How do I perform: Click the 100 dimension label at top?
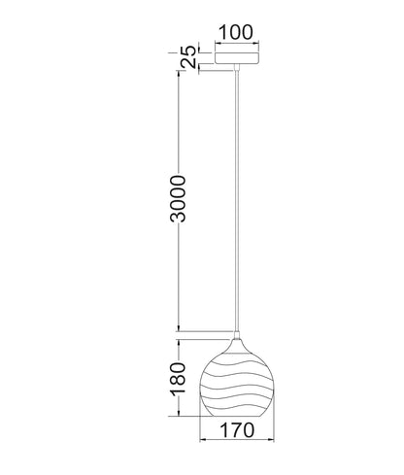coord(236,32)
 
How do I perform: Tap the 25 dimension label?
coord(188,57)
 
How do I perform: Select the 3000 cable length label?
coord(178,198)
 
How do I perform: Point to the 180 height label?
coord(178,379)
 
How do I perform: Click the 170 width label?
coord(237,430)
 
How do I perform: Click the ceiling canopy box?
coord(237,57)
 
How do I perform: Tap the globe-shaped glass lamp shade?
coord(237,378)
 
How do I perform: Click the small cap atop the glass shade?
coord(237,335)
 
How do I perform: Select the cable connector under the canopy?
coord(237,67)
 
